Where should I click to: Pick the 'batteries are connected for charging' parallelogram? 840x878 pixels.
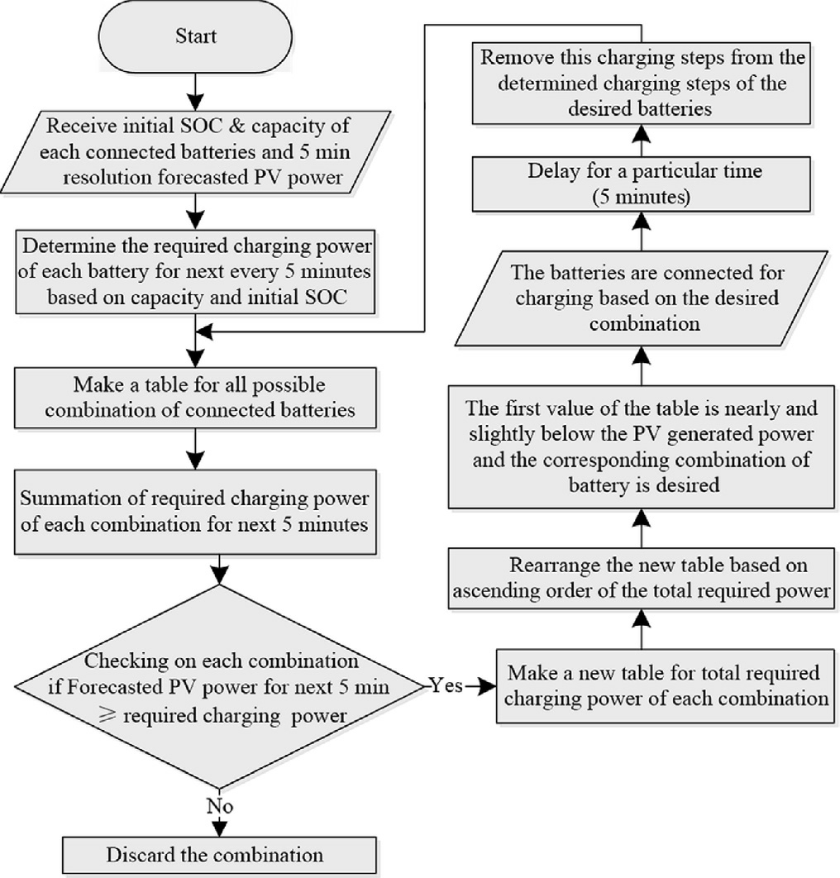click(642, 298)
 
